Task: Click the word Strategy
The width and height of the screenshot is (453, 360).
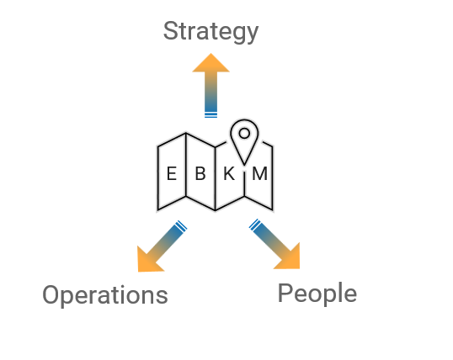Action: pyautogui.click(x=211, y=32)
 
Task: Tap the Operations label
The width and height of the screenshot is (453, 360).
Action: pyautogui.click(x=105, y=295)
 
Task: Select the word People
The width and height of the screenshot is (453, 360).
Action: pyautogui.click(x=317, y=294)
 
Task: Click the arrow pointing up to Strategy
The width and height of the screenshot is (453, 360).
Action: pyautogui.click(x=211, y=86)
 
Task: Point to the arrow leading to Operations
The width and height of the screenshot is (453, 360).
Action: pyautogui.click(x=162, y=246)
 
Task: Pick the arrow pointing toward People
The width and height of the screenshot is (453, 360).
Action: pyautogui.click(x=274, y=244)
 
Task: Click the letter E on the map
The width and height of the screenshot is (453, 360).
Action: pyautogui.click(x=172, y=174)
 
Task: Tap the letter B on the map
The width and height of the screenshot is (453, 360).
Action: pyautogui.click(x=200, y=174)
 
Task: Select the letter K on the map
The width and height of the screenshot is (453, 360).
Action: pyautogui.click(x=229, y=174)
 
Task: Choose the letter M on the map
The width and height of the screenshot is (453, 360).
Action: pyautogui.click(x=259, y=174)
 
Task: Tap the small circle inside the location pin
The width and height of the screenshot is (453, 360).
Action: pyautogui.click(x=244, y=133)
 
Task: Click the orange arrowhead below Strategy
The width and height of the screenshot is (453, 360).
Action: pyautogui.click(x=211, y=62)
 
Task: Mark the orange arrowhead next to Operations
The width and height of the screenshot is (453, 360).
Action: pyautogui.click(x=149, y=261)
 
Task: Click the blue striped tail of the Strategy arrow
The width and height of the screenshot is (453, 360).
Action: pyautogui.click(x=211, y=115)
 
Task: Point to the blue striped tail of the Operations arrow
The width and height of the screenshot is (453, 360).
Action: pyautogui.click(x=181, y=226)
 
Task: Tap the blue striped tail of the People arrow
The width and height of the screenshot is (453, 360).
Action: pyautogui.click(x=255, y=225)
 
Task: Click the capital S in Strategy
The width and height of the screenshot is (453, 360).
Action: pyautogui.click(x=171, y=30)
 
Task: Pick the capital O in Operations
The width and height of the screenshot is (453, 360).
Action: pyautogui.click(x=51, y=294)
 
